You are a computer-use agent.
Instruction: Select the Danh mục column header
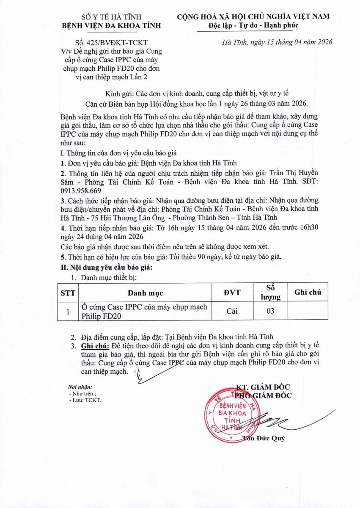click(145, 293)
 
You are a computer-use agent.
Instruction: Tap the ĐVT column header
click(232, 293)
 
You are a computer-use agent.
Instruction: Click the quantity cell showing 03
click(271, 311)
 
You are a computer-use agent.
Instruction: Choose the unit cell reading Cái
click(232, 311)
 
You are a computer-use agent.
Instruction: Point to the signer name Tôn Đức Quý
click(264, 438)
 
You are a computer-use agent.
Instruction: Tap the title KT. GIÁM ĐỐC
click(264, 387)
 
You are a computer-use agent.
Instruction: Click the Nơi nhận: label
click(80, 387)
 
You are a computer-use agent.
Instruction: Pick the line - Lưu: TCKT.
click(85, 400)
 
